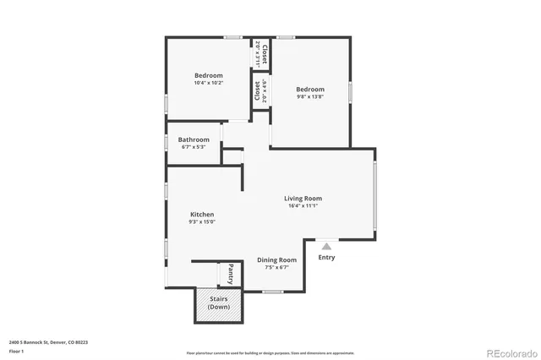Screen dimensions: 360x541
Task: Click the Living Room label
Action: point(302,199)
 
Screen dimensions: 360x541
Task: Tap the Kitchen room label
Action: point(201,215)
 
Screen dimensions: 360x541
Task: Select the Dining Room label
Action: point(276,259)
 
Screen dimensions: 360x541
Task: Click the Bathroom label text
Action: point(194,139)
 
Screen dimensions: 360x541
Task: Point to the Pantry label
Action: point(231,275)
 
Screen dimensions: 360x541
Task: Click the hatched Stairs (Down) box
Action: point(219,303)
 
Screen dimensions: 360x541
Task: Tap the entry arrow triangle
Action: point(326,245)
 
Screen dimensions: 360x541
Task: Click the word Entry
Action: point(326,257)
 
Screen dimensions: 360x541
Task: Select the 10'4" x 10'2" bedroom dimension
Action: point(208,83)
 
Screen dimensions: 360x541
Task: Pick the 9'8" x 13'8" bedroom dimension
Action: point(309,96)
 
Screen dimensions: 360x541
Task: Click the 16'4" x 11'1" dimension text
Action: point(302,206)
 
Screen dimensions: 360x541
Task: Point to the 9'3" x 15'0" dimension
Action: point(201,222)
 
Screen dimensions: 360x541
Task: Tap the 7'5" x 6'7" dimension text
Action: point(276,267)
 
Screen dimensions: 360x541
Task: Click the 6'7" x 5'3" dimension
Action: point(194,147)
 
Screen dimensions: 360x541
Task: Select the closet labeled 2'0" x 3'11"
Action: point(260,54)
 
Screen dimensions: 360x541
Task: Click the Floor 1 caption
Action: point(16,351)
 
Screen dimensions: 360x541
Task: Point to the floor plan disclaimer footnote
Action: point(270,352)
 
